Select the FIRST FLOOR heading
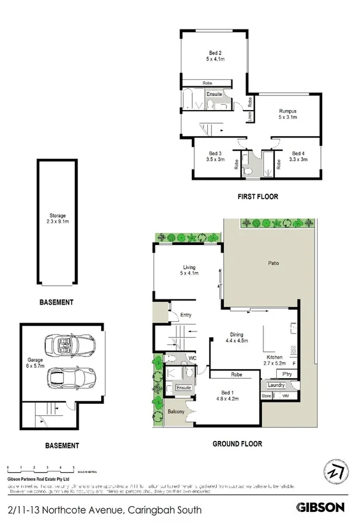(258, 196)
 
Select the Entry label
(186, 315)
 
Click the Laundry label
(276, 385)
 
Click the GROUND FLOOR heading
(237, 443)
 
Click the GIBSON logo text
(320, 507)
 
